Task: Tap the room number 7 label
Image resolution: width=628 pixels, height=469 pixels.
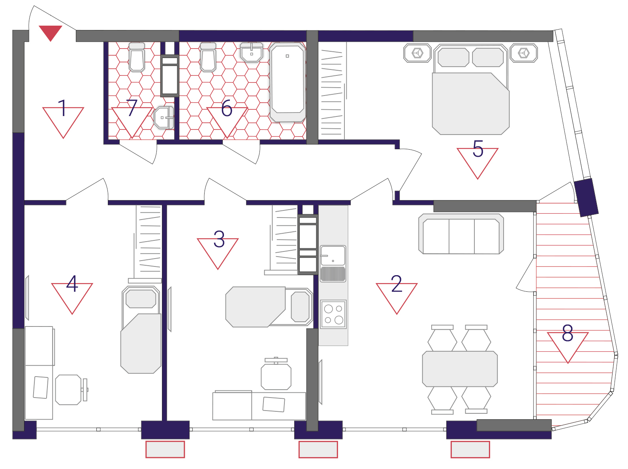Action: [x=132, y=108]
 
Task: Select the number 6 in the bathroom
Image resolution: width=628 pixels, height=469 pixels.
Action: [x=227, y=109]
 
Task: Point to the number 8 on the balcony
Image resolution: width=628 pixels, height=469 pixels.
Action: [x=568, y=333]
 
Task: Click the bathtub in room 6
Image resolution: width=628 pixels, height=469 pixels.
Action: [x=288, y=82]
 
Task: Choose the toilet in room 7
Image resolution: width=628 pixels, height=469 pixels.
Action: [x=137, y=57]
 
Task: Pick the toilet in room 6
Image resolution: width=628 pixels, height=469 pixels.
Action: [x=208, y=57]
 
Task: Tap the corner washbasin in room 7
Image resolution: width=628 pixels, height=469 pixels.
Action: [x=164, y=118]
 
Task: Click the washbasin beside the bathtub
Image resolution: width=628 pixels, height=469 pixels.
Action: [x=252, y=53]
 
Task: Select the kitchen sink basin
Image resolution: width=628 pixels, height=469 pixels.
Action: [x=333, y=255]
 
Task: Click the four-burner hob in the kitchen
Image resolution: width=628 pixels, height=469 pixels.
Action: [x=333, y=314]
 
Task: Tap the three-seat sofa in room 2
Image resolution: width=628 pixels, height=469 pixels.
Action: [x=461, y=234]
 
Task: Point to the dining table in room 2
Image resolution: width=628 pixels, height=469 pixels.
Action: [x=460, y=369]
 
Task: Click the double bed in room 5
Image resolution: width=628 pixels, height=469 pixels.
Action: [x=471, y=89]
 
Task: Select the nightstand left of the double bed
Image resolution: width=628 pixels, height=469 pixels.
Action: [x=417, y=53]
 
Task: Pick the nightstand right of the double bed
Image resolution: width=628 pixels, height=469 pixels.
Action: [x=524, y=53]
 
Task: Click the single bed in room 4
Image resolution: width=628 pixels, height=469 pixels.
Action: [x=141, y=330]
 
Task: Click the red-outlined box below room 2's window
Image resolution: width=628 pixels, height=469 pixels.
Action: [x=470, y=450]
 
